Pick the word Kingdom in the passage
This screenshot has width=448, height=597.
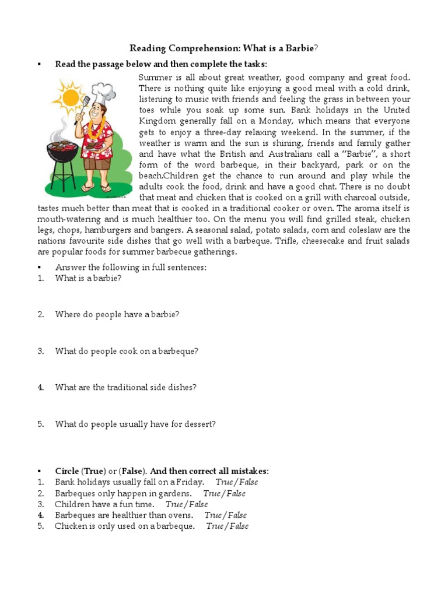(157, 121)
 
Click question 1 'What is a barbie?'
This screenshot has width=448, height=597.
(88, 278)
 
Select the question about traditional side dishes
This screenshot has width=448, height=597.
(125, 387)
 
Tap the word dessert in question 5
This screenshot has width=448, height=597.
(200, 424)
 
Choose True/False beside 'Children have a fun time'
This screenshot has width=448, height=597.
(186, 504)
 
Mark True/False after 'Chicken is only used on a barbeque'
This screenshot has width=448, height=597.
(227, 526)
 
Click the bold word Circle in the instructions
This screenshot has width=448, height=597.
(67, 471)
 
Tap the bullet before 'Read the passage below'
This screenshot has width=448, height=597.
(39, 64)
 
